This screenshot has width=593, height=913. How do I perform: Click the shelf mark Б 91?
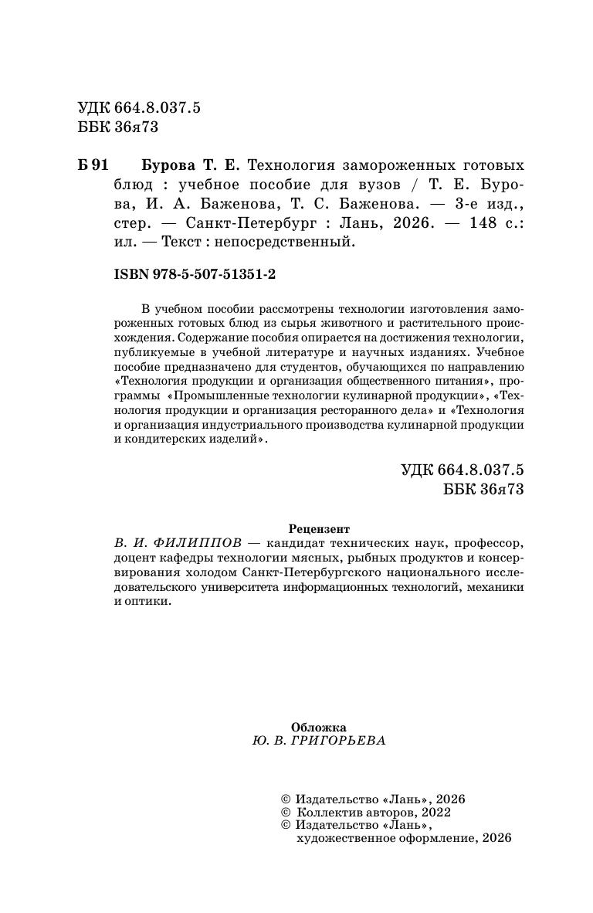93,166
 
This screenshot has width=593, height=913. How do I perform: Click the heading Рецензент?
319,529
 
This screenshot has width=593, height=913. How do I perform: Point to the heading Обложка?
318,727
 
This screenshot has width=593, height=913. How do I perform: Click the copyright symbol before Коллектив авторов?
285,812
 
